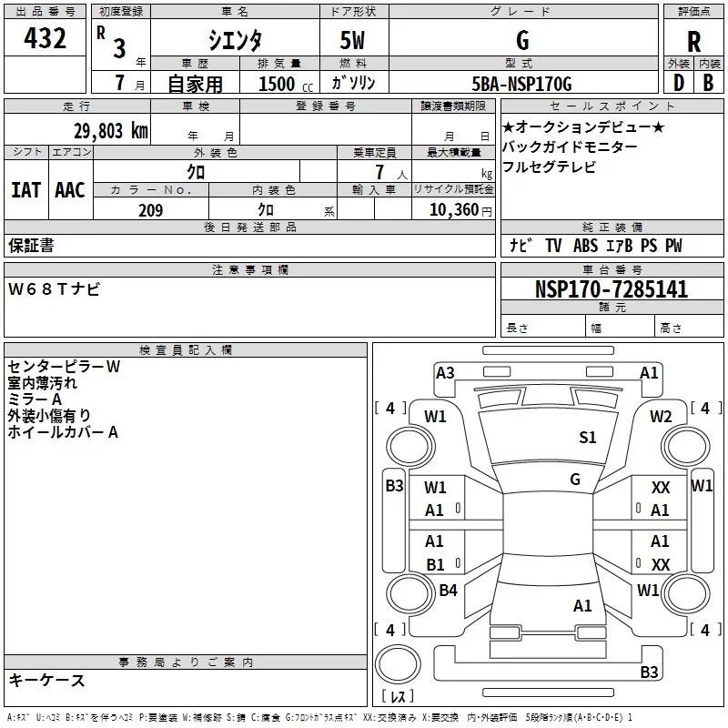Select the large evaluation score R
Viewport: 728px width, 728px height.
[694, 42]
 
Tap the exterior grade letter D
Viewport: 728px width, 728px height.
[678, 82]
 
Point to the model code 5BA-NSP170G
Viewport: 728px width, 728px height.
[522, 84]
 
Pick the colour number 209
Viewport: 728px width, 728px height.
[150, 210]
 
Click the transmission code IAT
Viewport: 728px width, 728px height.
[26, 189]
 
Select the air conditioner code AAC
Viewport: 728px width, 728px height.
[70, 189]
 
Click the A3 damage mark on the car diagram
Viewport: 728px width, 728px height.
[445, 372]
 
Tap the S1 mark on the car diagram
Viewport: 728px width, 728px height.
[588, 438]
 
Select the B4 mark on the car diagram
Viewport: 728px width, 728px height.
[448, 591]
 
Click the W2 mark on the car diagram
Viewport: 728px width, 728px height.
[661, 417]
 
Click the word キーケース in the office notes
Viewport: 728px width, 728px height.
[46, 680]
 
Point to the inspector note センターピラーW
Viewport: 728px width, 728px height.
[64, 367]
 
